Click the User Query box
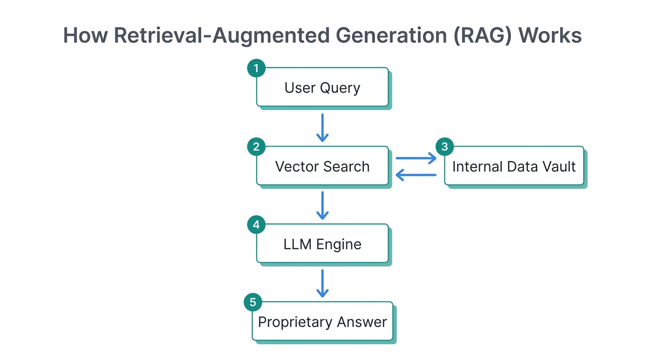pyautogui.click(x=322, y=88)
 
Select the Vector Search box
pyautogui.click(x=322, y=166)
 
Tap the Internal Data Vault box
pyautogui.click(x=514, y=166)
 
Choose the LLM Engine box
pyautogui.click(x=322, y=244)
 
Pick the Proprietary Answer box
pyautogui.click(x=322, y=322)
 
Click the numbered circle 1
pyautogui.click(x=256, y=68)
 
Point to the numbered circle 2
pyautogui.click(x=256, y=147)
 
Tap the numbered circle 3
pyautogui.click(x=445, y=147)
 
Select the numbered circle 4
pyautogui.click(x=256, y=225)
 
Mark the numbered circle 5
pyautogui.click(x=253, y=302)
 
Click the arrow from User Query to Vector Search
pyautogui.click(x=322, y=127)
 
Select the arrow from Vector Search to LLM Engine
pyautogui.click(x=322, y=205)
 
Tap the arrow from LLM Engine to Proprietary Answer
pyautogui.click(x=322, y=283)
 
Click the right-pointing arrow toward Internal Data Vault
pyautogui.click(x=416, y=158)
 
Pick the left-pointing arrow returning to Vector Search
pyautogui.click(x=416, y=175)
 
